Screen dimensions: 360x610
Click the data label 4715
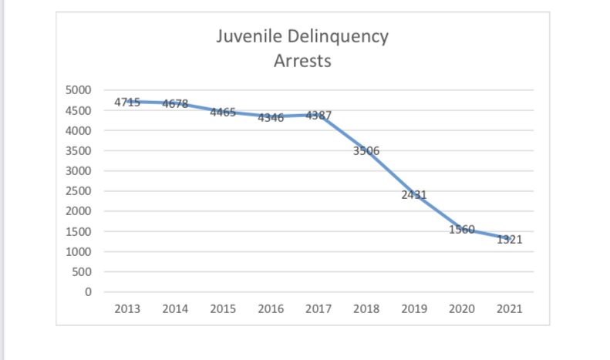tap(127, 102)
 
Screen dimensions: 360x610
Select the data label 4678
tap(175, 104)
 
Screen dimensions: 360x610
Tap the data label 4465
tap(223, 113)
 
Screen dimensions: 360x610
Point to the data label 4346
tap(271, 117)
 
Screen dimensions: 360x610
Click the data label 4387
tap(318, 116)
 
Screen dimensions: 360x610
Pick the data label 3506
tap(366, 151)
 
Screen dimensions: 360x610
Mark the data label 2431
tap(414, 194)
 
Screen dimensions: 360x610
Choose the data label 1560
tap(462, 229)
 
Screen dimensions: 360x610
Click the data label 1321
tap(510, 239)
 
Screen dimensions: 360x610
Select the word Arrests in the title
tap(302, 61)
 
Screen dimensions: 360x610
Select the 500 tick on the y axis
tap(83, 272)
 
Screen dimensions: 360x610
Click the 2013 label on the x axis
tap(127, 309)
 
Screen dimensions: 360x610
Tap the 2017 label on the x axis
tap(318, 309)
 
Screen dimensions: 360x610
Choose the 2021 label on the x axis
tap(510, 309)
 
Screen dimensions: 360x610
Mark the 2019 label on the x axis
tap(414, 309)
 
